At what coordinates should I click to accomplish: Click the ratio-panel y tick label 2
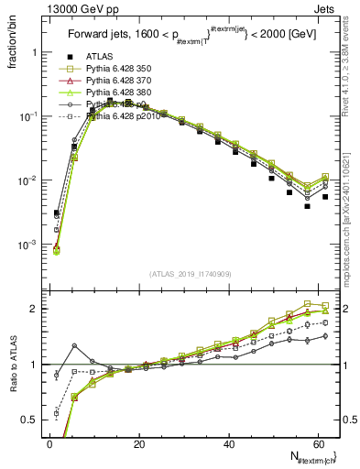coord(34,309)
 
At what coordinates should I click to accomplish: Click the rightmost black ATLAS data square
coord(324,197)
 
